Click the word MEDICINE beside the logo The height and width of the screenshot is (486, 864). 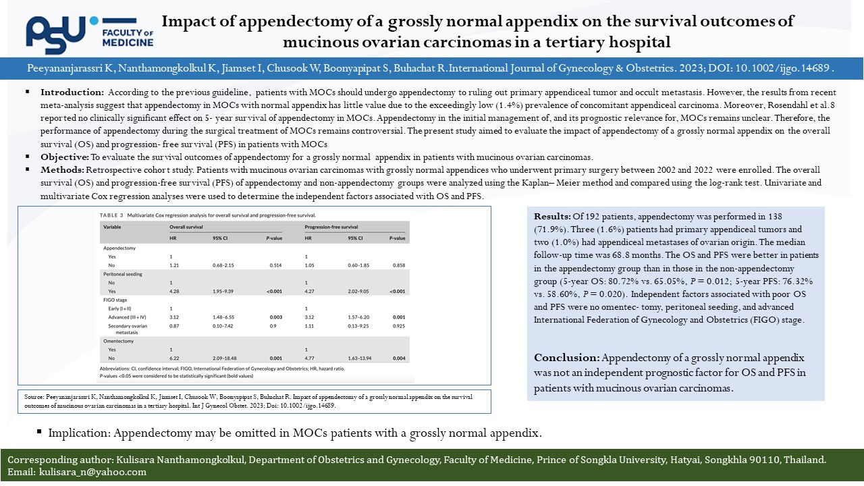pos(128,43)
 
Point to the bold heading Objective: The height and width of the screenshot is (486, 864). pos(64,157)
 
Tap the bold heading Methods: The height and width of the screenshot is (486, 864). pos(63,169)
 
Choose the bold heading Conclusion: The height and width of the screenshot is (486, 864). pos(566,357)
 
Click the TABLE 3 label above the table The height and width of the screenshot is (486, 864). pos(111,215)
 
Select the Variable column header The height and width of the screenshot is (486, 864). pos(111,227)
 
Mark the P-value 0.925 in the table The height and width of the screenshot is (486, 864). pos(399,326)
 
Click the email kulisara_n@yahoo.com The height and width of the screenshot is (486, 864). pos(92,472)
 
